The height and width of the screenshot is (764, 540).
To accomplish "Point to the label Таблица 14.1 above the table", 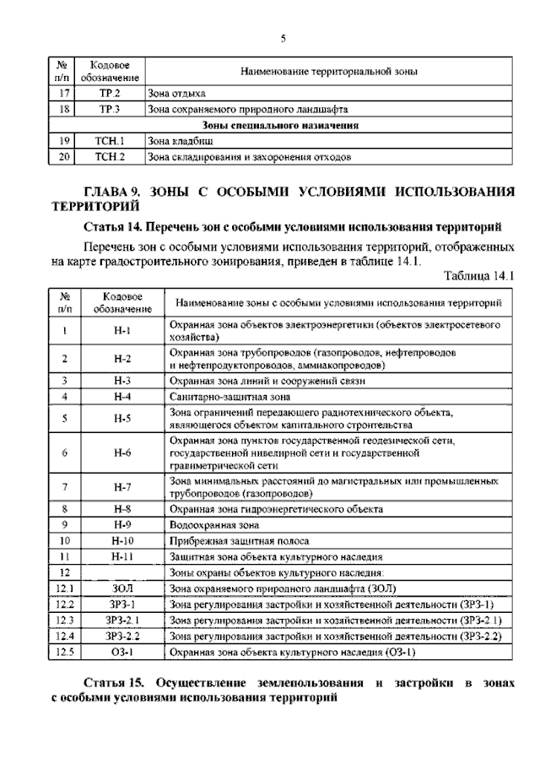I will pos(478,274).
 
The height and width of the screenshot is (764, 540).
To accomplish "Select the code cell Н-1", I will pos(122,330).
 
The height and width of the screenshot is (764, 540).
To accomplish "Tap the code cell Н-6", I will pos(122,452).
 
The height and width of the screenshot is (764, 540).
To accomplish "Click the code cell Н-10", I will pos(122,540).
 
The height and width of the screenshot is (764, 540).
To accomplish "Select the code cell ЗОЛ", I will pos(122,588).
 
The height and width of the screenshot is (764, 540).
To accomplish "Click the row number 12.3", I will pos(64,620).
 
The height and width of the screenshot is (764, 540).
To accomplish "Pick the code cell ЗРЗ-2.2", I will pos(122,637).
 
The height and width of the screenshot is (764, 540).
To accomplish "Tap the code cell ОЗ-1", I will pos(122,653).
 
